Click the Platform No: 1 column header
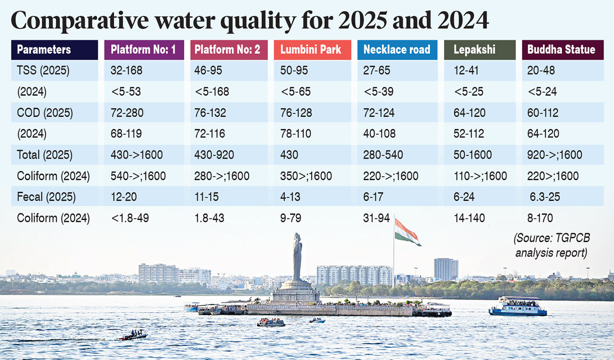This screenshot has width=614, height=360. click(x=143, y=49)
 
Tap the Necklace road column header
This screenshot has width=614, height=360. click(x=397, y=49)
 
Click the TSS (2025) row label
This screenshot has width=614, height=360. click(x=43, y=71)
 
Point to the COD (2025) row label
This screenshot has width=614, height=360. click(x=45, y=113)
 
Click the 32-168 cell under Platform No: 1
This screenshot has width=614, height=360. click(x=127, y=71)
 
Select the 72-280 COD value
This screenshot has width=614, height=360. click(x=127, y=113)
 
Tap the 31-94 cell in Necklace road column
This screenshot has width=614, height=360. click(x=377, y=218)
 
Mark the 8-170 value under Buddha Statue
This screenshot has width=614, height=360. click(x=540, y=218)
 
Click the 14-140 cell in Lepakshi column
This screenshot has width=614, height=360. click(x=469, y=218)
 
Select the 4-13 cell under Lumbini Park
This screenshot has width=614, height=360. click(x=291, y=197)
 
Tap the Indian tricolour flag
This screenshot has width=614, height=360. click(x=407, y=231)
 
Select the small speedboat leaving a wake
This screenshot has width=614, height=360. click(x=134, y=335)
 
